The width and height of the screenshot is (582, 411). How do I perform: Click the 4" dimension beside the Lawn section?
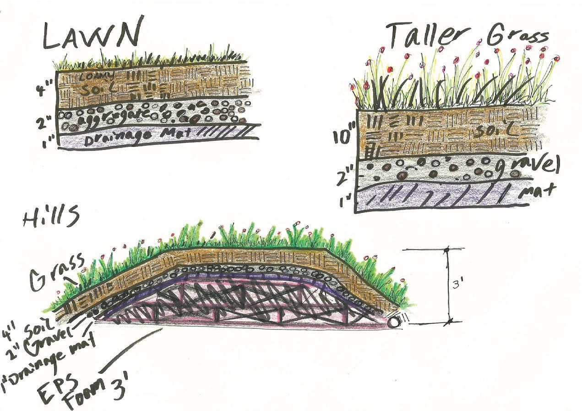[47, 87]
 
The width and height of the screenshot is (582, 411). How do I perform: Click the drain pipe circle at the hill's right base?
[393, 322]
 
